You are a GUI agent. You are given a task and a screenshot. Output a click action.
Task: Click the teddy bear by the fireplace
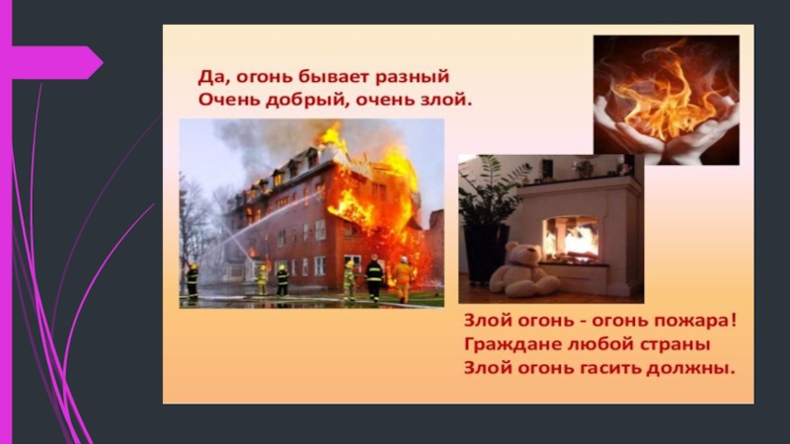pos(523,270)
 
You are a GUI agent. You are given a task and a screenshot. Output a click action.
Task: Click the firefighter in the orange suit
pos(402,278)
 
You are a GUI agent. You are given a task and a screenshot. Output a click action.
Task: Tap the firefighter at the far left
pos(193,280)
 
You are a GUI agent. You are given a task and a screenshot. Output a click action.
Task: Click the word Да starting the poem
pos(202,76)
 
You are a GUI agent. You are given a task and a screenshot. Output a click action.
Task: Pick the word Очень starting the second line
pos(218,100)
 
